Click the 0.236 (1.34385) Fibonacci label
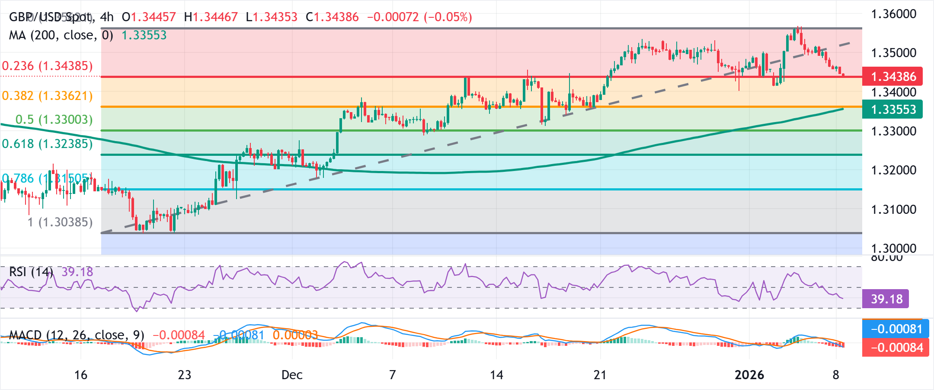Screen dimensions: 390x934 (48, 66)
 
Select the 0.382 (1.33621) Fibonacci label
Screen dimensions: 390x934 (48, 96)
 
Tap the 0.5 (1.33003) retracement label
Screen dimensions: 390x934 (54, 119)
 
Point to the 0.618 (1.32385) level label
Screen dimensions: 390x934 (48, 144)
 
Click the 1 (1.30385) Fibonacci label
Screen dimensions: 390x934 (60, 222)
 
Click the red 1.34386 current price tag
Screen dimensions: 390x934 (892, 77)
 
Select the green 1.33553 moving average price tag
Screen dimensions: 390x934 (892, 110)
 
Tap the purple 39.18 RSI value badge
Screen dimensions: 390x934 (886, 299)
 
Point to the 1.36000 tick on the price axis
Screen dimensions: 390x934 (893, 14)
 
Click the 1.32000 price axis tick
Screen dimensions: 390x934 (893, 170)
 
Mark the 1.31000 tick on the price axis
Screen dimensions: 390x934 (893, 210)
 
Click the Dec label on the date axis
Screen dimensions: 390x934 (292, 375)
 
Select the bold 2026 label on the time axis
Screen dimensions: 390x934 (749, 375)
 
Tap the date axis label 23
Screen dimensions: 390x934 (185, 375)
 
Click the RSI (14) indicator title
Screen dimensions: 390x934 (31, 272)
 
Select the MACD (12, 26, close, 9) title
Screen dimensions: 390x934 (77, 335)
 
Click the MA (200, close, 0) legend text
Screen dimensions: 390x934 (61, 35)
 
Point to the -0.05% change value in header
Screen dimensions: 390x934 (448, 17)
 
